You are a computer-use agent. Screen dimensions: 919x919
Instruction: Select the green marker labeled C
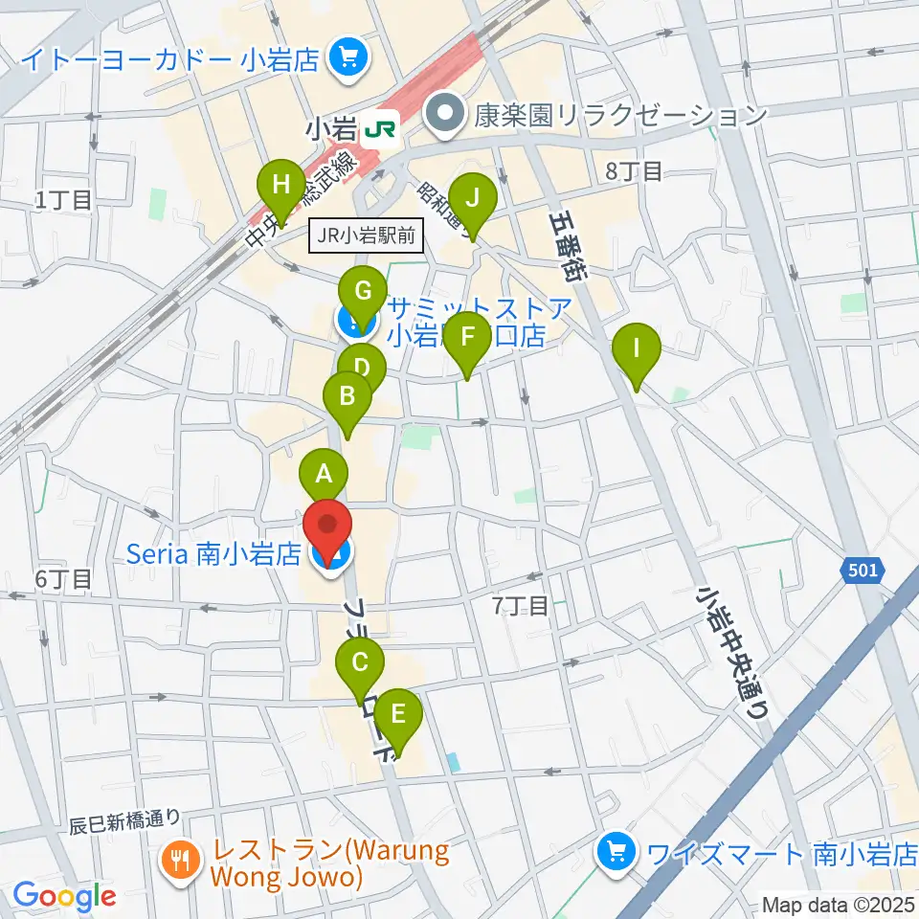point(360,664)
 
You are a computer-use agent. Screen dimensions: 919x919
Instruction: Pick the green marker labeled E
point(397,714)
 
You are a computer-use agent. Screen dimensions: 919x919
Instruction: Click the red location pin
point(328,527)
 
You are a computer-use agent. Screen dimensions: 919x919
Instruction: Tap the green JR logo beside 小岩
point(385,125)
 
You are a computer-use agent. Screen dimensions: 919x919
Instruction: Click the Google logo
point(64,896)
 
